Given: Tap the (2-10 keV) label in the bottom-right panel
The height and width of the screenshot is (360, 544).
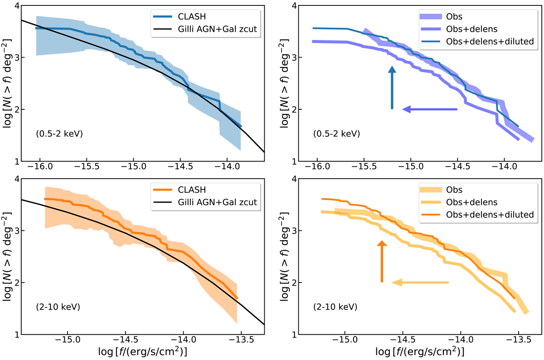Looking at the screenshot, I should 335,307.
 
